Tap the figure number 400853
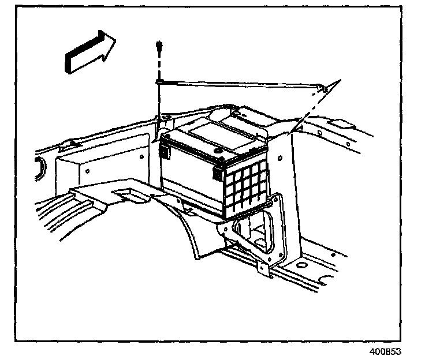[385, 350]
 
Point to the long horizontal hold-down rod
[237, 85]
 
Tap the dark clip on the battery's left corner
[165, 152]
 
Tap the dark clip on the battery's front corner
[218, 172]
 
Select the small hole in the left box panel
[88, 171]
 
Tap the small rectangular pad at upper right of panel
[341, 123]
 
